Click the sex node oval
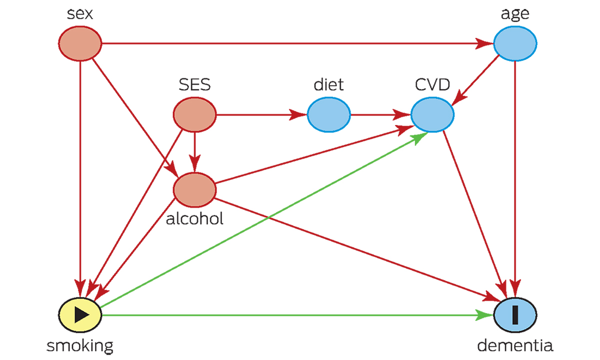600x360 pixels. (x=80, y=43)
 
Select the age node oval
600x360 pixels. (x=515, y=43)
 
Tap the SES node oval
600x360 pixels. (x=194, y=115)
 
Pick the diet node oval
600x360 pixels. (x=328, y=115)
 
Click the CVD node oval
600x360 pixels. (x=432, y=115)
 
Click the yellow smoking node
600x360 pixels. (x=80, y=314)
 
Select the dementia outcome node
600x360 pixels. (x=515, y=314)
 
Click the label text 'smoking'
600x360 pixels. (x=80, y=345)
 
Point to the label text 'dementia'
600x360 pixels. (x=515, y=345)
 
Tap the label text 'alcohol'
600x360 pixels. (x=194, y=218)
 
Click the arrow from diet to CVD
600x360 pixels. (x=380, y=115)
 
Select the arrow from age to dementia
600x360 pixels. (x=515, y=175)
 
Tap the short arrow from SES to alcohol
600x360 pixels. (x=194, y=150)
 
